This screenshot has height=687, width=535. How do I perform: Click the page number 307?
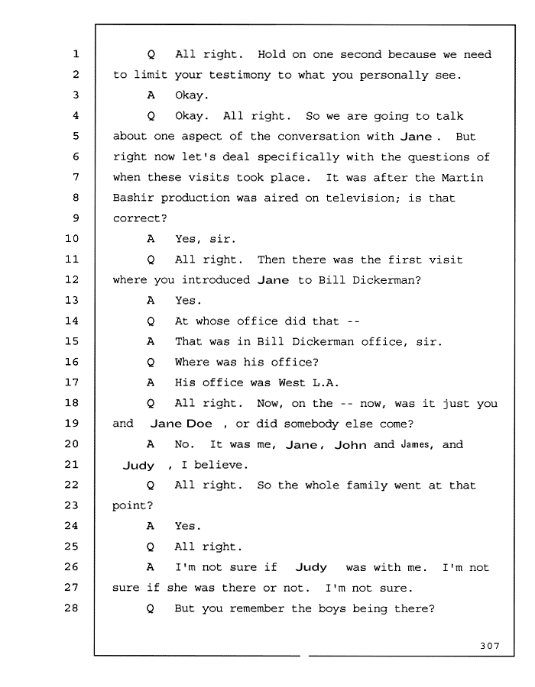pos(489,645)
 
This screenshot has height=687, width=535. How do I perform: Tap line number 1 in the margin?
pos(76,54)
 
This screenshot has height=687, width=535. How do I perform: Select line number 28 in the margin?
pos(72,608)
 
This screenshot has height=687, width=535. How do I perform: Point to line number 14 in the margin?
pos(72,321)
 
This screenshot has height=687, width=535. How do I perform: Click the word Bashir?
pos(133,198)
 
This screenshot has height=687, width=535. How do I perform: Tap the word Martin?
pos(462,177)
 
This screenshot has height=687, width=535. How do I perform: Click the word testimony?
pos(239,76)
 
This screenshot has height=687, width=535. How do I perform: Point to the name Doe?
pos(199,424)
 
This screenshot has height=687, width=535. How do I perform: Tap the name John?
pos(350,445)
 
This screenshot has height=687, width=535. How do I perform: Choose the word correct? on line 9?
pos(140,218)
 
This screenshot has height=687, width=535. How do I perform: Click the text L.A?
pos(326,382)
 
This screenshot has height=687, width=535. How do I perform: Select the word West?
pos(292,382)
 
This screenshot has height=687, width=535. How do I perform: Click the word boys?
pos(332,609)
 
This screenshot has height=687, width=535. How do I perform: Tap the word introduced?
pos(216,280)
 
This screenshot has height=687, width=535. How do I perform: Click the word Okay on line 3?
pos(192,95)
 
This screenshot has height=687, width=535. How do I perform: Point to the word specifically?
pos(298,157)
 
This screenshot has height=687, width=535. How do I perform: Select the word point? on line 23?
pos(132,505)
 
